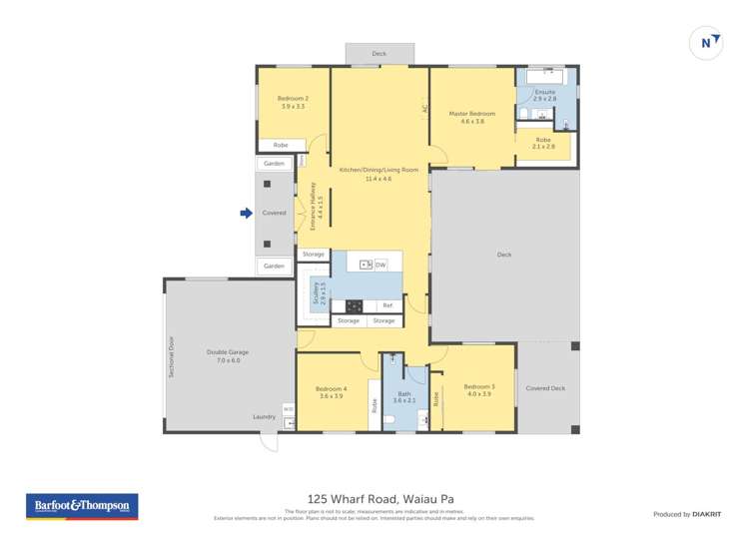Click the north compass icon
point(707,43)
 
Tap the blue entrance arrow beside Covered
point(245,213)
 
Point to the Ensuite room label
point(545,96)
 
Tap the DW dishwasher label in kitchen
point(380,265)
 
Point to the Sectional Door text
point(171,355)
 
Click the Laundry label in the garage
point(264,417)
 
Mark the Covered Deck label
point(545,388)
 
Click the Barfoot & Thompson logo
point(82,506)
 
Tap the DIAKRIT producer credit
point(687,514)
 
